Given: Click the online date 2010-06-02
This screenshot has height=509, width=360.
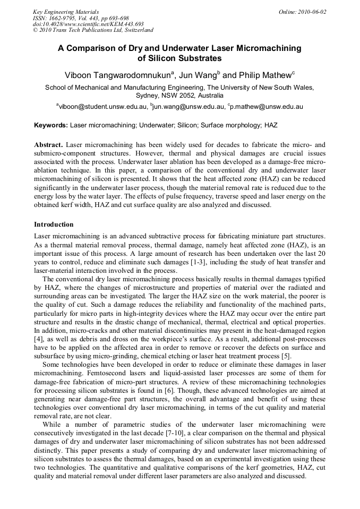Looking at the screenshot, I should [x=313, y=12].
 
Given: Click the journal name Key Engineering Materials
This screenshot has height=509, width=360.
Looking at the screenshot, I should [x=66, y=12].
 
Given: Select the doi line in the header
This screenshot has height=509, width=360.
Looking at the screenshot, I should [x=88, y=24].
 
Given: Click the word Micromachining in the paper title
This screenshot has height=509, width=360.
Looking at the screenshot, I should [x=263, y=48].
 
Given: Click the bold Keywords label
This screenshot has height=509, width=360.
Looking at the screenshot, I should [x=51, y=126].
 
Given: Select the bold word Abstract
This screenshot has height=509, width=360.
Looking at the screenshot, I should [x=49, y=145].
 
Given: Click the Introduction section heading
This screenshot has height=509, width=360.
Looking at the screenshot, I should [x=54, y=225].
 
